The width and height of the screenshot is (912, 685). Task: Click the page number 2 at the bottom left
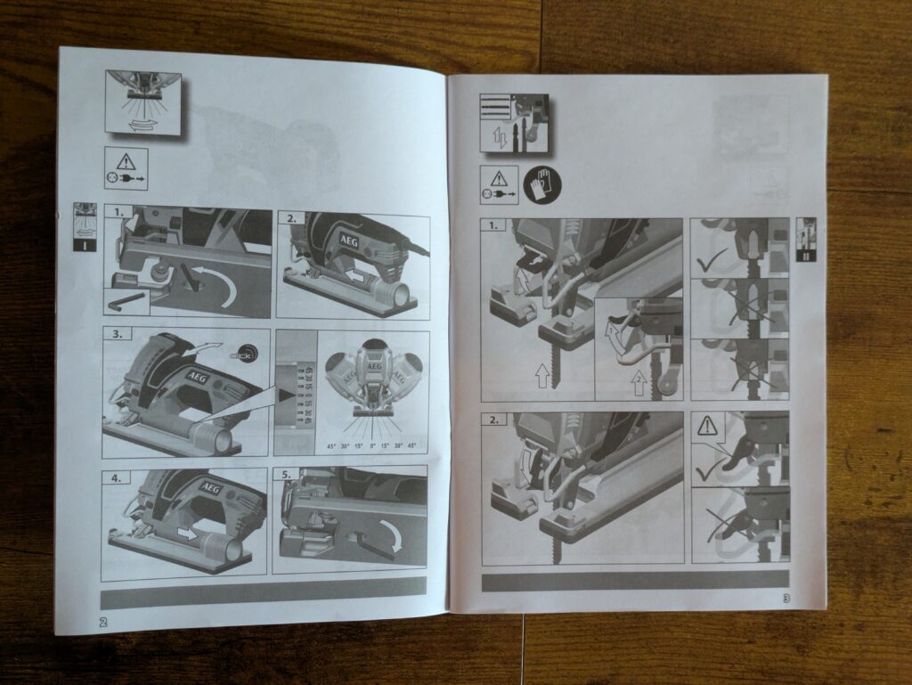[103, 622]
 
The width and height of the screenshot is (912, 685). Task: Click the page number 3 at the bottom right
[786, 599]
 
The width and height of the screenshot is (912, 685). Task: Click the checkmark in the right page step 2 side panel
[707, 467]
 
